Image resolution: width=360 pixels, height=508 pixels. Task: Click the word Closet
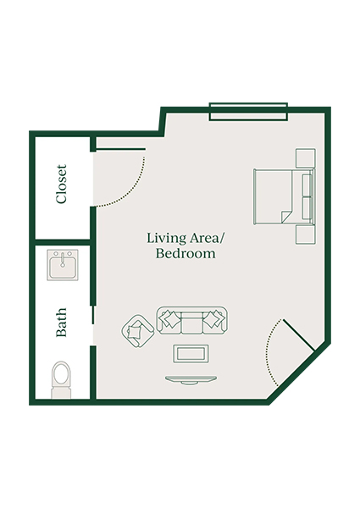point(62,185)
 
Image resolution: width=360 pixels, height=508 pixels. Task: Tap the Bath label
point(62,323)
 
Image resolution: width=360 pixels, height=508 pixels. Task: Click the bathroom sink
point(62,268)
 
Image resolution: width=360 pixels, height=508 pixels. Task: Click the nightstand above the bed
point(304,157)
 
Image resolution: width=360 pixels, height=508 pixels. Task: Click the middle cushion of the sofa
point(192,320)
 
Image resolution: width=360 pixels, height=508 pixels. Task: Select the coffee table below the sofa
point(191,353)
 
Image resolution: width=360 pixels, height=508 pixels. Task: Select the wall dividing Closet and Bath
point(62,242)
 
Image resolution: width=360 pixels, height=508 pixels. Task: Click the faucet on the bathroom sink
point(62,257)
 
